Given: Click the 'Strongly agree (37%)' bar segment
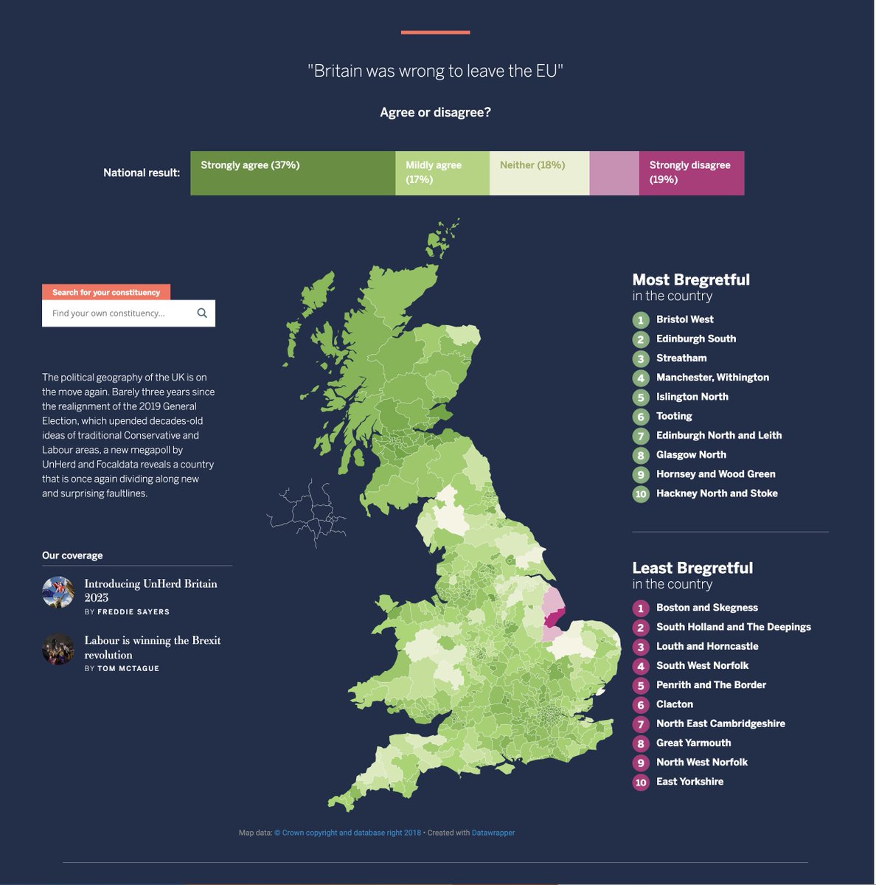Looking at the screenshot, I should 292,173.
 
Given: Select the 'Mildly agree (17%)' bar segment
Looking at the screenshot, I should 442,173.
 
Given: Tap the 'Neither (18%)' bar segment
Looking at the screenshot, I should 539,173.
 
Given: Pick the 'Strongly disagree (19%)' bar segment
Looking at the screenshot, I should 691,173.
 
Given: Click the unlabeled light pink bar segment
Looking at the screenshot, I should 614,173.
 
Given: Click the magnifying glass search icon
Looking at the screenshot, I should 202,313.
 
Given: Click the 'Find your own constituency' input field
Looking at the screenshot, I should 118,313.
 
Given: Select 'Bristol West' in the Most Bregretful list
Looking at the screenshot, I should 684,319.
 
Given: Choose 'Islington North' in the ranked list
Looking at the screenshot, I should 692,397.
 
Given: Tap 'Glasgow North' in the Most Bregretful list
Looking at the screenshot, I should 691,455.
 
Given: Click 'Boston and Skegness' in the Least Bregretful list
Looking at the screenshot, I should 706,608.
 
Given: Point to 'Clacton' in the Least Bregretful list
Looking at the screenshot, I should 674,704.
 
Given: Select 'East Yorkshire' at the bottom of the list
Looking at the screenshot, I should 689,782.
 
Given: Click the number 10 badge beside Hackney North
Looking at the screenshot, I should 641,494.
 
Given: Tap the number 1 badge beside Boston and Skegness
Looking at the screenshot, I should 641,608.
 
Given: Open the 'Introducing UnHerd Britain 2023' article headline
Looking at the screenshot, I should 150,590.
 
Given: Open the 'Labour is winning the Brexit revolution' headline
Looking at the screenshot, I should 152,647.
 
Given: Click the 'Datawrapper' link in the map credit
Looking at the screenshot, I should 493,833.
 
